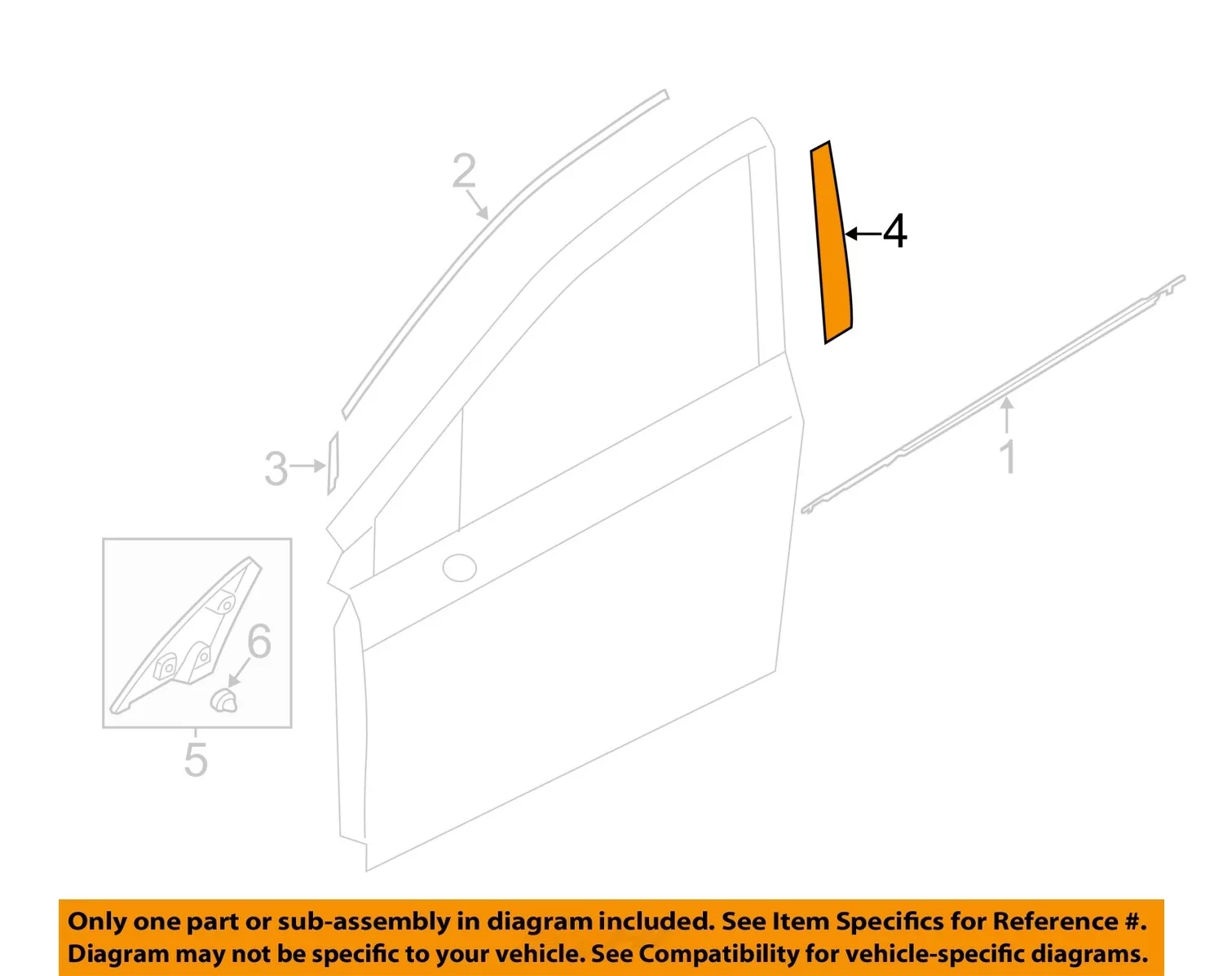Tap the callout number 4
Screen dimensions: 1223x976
(895, 232)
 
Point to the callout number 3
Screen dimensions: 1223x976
(276, 469)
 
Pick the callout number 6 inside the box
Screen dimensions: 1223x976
(259, 641)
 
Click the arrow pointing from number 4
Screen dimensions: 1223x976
(863, 234)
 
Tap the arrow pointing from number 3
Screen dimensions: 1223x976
(307, 466)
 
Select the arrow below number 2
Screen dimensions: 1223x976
(478, 205)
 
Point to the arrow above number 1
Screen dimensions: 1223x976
(1007, 415)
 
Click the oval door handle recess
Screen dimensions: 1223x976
(459, 567)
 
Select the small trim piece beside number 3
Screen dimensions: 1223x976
(333, 463)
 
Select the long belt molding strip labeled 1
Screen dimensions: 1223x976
(993, 395)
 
